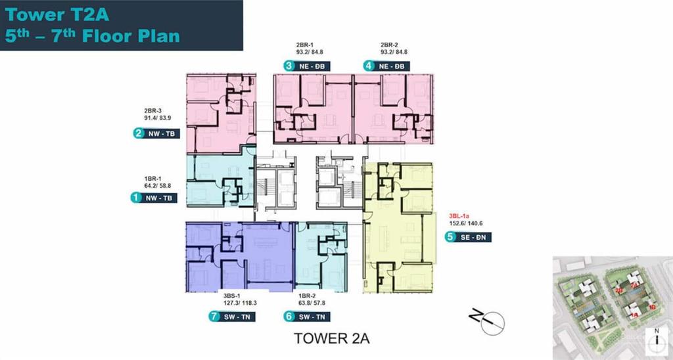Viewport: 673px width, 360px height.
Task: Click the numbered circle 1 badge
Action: tap(135, 197)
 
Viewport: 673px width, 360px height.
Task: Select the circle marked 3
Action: tap(289, 65)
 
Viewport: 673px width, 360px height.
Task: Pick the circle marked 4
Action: tap(369, 65)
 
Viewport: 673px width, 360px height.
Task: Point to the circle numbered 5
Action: tap(450, 237)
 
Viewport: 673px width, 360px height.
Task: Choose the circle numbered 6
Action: tap(288, 317)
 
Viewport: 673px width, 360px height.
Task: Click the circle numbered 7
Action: tap(214, 317)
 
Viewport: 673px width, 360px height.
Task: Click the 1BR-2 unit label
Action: tap(308, 295)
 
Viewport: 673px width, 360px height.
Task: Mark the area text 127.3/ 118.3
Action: tap(239, 303)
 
